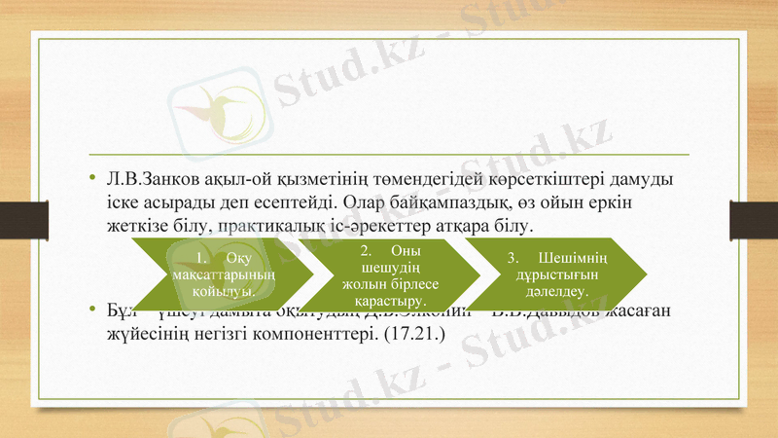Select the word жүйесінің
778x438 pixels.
[x=146, y=334]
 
